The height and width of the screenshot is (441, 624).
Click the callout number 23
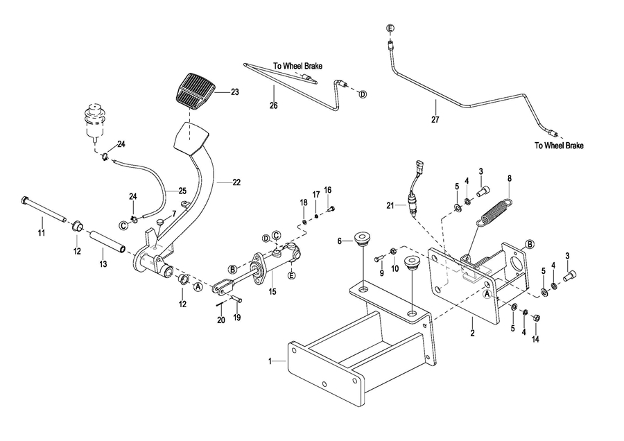coord(235,92)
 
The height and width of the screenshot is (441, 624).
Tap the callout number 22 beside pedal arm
coord(237,182)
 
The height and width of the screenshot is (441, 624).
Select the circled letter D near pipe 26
coord(362,94)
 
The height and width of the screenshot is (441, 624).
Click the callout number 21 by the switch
coord(390,205)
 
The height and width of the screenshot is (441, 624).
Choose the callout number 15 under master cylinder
coord(272,293)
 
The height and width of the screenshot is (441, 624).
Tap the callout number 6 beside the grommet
coord(340,241)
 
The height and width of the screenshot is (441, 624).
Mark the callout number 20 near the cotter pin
coord(222,320)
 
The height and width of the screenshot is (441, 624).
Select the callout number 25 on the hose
coord(182,191)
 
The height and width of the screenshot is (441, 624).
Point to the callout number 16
coord(328,190)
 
